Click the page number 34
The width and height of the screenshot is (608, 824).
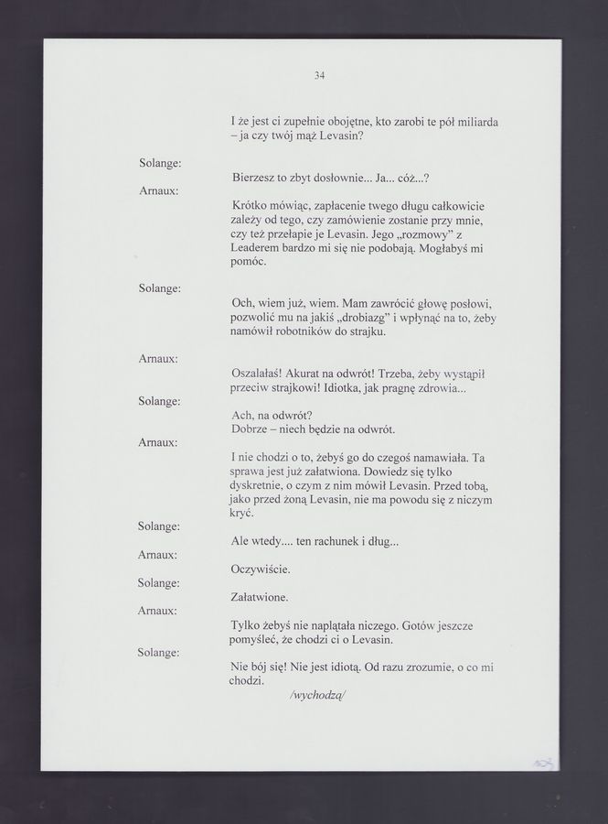319,76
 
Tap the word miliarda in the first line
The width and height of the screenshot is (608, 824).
481,122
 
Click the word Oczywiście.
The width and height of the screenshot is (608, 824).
261,569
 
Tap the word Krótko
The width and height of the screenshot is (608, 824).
253,206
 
